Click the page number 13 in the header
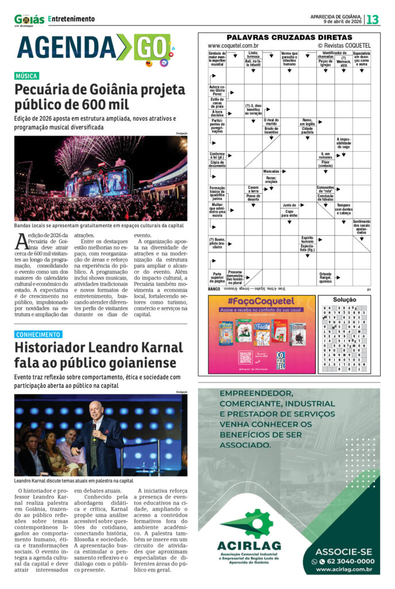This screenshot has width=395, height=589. point(373,20)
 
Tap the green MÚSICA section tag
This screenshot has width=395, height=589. point(27,76)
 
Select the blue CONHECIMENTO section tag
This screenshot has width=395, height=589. point(38,334)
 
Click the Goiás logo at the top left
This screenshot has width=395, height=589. point(29,20)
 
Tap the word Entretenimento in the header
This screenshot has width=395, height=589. point(72,19)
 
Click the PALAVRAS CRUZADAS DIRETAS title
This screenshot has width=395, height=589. point(289,37)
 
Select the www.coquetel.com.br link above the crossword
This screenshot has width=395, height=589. point(233,45)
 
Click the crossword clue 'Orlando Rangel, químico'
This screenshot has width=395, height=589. point(325,277)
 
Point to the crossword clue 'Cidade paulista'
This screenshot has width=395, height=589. point(307,129)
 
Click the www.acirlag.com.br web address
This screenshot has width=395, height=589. point(344,569)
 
